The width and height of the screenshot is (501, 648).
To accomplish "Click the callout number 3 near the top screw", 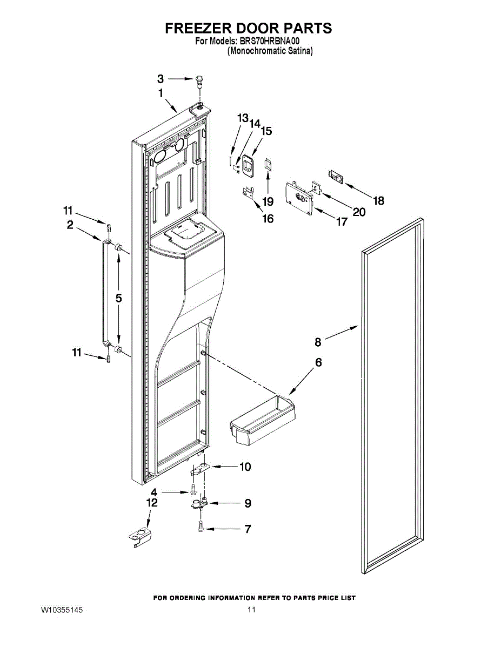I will (x=161, y=79).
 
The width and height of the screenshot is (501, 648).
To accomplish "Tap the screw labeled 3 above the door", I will (x=198, y=82).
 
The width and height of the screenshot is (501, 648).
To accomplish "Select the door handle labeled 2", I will (x=102, y=292).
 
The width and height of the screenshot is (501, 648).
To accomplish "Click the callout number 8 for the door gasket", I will (x=318, y=342).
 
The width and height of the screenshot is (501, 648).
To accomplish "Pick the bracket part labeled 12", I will (x=141, y=537).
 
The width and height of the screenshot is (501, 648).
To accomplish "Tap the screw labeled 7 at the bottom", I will (x=200, y=526).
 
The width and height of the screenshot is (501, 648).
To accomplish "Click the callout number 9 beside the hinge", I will (x=248, y=503).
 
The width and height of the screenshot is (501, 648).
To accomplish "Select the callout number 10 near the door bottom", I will (x=245, y=467).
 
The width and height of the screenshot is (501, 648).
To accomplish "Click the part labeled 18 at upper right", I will (x=336, y=178).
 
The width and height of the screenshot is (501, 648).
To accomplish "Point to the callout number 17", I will (x=342, y=221).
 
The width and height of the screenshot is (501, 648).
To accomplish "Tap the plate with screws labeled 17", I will (x=299, y=198).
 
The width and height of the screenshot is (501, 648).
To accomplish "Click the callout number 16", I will (x=268, y=219).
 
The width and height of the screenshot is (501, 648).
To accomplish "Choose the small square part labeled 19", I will (x=268, y=164).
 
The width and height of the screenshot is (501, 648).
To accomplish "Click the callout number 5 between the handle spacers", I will (x=118, y=298).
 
